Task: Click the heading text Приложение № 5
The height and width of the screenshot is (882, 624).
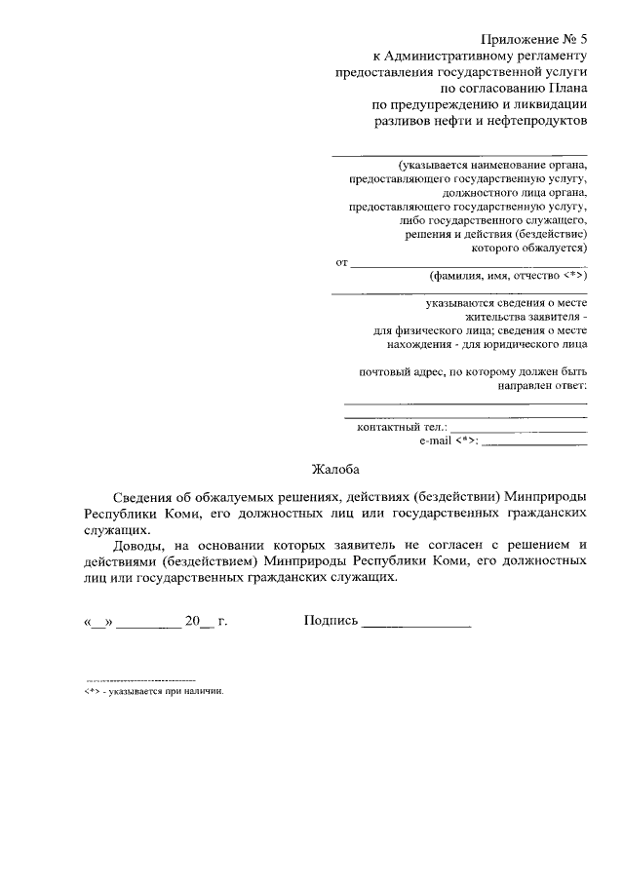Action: (x=534, y=38)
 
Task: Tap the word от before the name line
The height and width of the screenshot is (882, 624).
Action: (x=340, y=263)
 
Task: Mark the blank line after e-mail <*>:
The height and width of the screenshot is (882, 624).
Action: (x=534, y=442)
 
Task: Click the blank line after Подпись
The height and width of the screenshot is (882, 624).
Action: (x=416, y=623)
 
